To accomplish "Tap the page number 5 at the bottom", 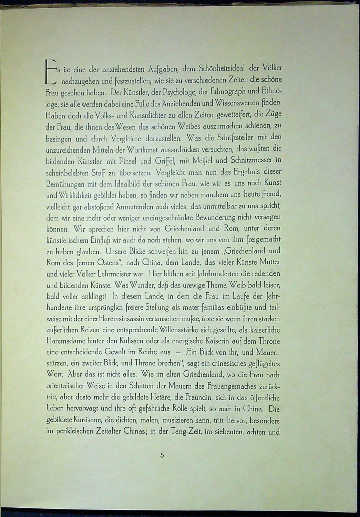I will (x=162, y=455).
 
